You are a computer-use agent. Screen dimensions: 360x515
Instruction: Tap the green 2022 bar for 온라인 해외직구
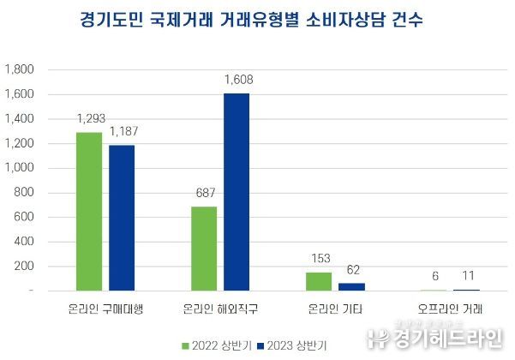coord(203,249)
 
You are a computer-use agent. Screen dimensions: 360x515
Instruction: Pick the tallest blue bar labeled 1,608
coord(236,192)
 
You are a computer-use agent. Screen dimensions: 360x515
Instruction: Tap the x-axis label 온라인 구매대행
coord(105,308)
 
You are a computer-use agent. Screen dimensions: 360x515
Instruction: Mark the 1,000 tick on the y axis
coord(20,168)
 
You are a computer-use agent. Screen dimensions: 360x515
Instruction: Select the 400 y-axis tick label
coord(23,242)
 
